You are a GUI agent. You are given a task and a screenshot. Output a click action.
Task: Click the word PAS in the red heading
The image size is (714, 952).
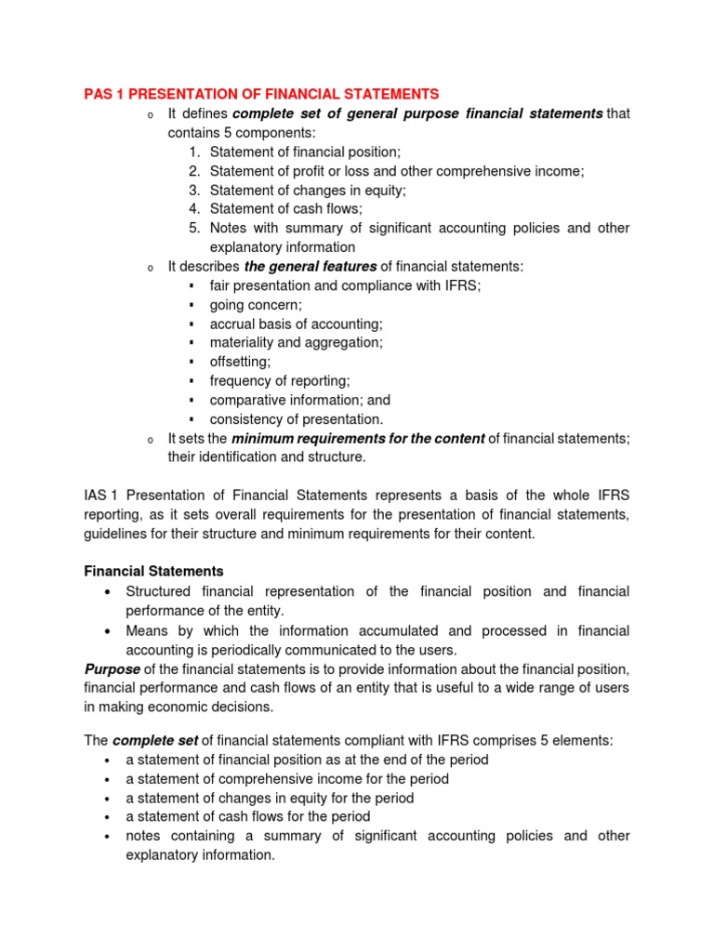(97, 94)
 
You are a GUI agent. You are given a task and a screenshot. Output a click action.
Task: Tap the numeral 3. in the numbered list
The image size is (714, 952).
(194, 190)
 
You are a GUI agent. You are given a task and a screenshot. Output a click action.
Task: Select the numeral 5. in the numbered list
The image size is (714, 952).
(194, 228)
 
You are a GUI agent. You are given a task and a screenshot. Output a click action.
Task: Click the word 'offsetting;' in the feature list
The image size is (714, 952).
(240, 362)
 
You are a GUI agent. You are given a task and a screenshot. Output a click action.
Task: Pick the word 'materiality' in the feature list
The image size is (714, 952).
(241, 343)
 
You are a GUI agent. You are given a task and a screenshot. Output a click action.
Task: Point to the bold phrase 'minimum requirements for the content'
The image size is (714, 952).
(358, 439)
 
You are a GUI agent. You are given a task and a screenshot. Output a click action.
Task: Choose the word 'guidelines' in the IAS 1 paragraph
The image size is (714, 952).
(116, 535)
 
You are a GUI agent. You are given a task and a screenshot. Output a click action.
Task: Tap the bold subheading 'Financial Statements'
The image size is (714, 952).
(153, 572)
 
